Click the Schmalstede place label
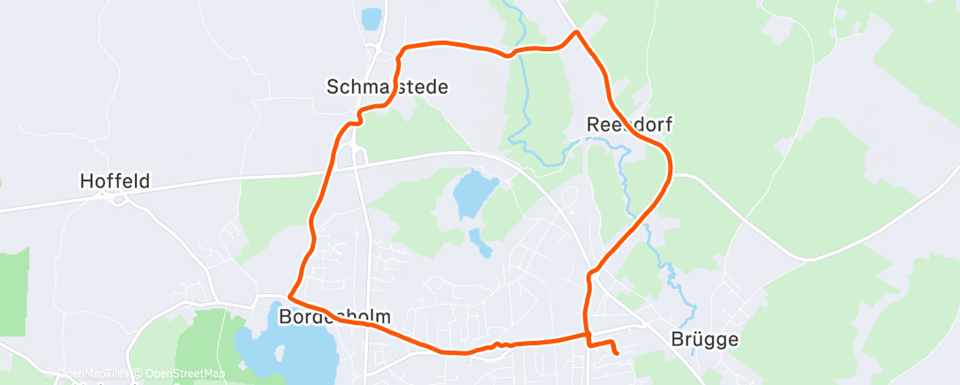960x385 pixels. coord(387,87)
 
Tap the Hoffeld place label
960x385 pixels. coord(115,182)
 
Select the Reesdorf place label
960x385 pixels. coord(629,125)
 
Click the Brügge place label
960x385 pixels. coord(703,339)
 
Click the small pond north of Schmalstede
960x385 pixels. coord(371,17)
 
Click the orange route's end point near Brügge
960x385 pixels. coord(615,353)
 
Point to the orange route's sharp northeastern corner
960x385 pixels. coord(576,33)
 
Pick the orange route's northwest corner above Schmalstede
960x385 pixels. coord(403,49)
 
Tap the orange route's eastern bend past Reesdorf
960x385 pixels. coord(670,163)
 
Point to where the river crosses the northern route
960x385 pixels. coord(514,52)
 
